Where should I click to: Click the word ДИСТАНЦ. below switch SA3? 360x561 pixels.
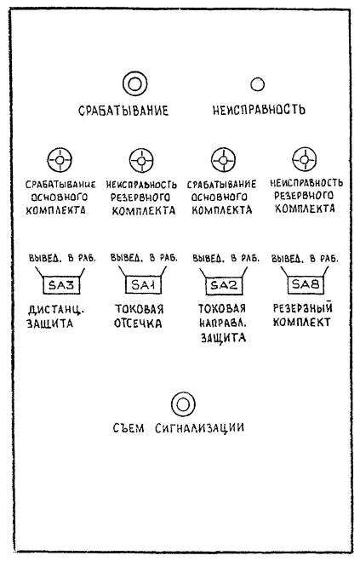56,310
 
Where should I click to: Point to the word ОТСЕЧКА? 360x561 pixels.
138,323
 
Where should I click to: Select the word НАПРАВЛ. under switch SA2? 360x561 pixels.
222,323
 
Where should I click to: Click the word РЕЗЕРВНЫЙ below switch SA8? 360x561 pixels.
303,308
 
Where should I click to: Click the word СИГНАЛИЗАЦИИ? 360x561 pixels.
200,428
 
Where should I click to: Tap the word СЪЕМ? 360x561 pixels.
129,428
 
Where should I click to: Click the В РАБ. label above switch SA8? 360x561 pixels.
324,258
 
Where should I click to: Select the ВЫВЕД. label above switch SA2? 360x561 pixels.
208,258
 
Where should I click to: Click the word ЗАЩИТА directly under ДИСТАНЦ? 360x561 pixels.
49,323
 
